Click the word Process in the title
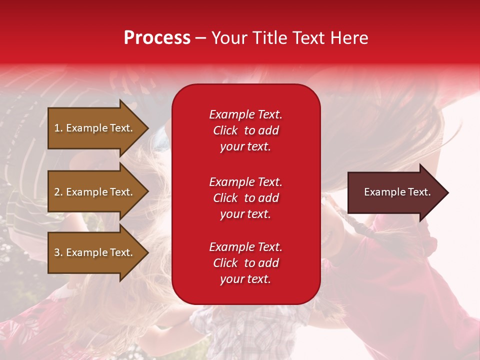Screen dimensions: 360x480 (x=157, y=38)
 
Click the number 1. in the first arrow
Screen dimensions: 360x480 (x=58, y=128)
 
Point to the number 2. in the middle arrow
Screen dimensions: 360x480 (x=58, y=192)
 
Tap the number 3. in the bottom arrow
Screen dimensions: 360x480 (x=58, y=252)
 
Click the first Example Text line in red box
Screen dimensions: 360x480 (x=245, y=114)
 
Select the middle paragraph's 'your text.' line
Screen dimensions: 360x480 (x=245, y=214)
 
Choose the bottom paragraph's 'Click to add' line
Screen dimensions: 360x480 (x=245, y=263)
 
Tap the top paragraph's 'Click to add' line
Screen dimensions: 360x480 (x=245, y=130)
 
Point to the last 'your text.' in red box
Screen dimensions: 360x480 (x=245, y=279)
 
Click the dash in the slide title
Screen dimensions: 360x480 (x=200, y=38)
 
